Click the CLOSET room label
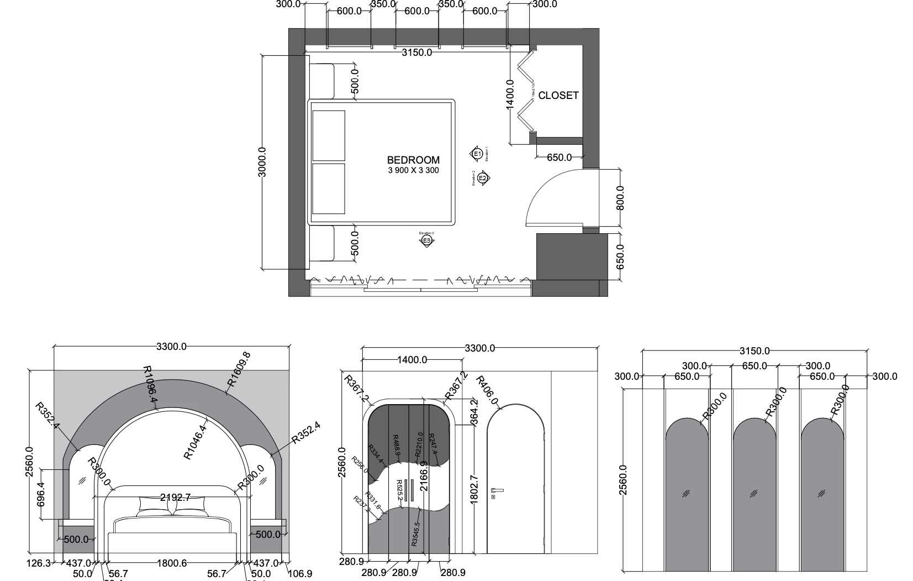coord(558,95)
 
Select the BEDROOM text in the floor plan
coord(413,160)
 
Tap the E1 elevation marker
coord(477,154)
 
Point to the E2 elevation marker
coord(483,178)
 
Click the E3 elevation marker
coord(426,240)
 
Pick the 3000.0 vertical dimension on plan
coord(262,162)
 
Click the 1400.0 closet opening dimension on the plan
coord(510,95)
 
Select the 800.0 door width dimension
coord(620,197)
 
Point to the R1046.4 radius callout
coord(196,442)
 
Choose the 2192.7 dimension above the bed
coord(175,498)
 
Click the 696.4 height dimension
coord(40,494)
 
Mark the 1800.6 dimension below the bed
coord(172,563)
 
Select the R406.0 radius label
coord(487,390)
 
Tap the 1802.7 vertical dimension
coord(474,489)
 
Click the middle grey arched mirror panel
coord(754,495)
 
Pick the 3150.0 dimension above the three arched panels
coord(754,351)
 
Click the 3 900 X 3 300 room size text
coord(413,170)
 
